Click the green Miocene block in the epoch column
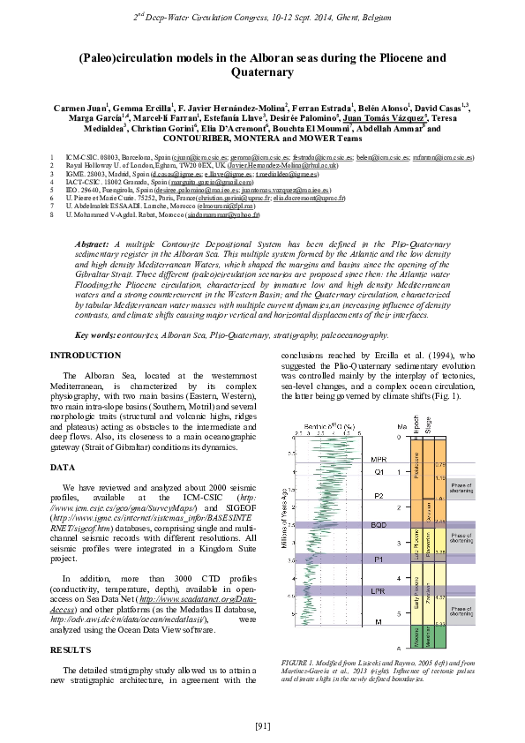[x=416, y=635]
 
